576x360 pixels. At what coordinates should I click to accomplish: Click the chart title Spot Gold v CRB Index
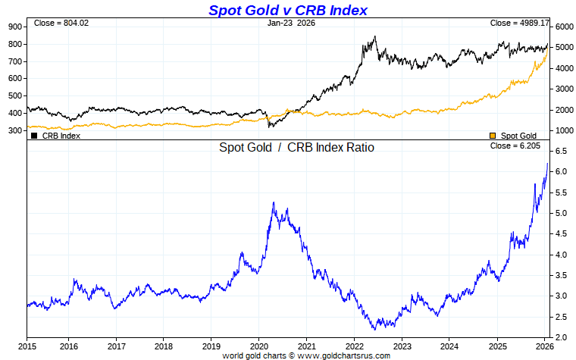pyautogui.click(x=287, y=10)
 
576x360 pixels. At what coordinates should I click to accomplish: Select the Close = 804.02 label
pyautogui.click(x=61, y=23)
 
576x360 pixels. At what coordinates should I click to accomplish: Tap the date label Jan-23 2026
pyautogui.click(x=292, y=23)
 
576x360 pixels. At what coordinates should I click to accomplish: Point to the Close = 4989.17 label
pyautogui.click(x=518, y=23)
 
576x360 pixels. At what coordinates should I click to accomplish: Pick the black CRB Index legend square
pyautogui.click(x=34, y=136)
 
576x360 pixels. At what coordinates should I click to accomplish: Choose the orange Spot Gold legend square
pyautogui.click(x=493, y=136)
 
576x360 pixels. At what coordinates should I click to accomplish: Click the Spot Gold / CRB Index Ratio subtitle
pyautogui.click(x=296, y=148)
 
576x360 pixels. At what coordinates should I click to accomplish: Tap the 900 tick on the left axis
pyautogui.click(x=15, y=27)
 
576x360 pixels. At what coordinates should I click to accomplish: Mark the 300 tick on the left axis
pyautogui.click(x=15, y=131)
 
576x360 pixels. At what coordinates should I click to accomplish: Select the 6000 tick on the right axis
pyautogui.click(x=562, y=27)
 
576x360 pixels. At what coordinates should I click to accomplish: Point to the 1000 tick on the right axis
pyautogui.click(x=562, y=131)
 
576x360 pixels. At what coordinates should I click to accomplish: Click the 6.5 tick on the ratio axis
pyautogui.click(x=561, y=152)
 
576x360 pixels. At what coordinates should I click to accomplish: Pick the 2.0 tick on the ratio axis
pyautogui.click(x=561, y=337)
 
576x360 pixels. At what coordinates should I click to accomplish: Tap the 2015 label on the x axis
pyautogui.click(x=27, y=346)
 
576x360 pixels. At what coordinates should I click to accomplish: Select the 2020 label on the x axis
pyautogui.click(x=258, y=346)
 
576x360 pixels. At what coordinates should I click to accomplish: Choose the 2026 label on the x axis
pyautogui.click(x=544, y=346)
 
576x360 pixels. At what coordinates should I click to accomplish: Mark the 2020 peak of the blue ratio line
pyautogui.click(x=273, y=202)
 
